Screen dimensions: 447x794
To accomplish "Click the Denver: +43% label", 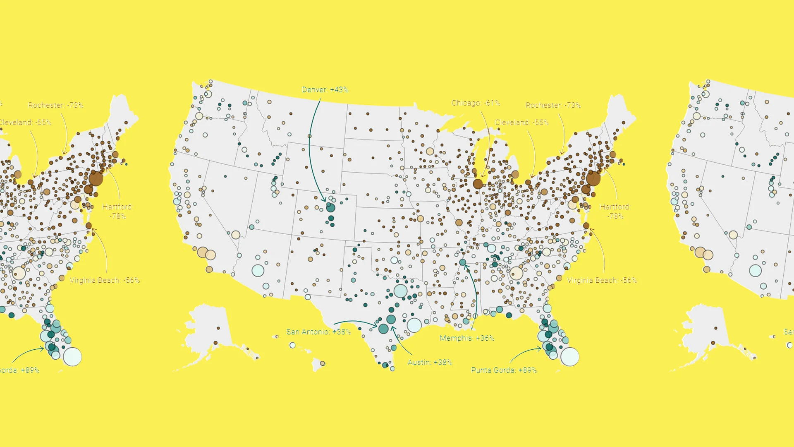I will (x=325, y=90).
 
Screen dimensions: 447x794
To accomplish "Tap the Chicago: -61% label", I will (x=476, y=103).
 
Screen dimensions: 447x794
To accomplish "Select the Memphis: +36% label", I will (x=467, y=338).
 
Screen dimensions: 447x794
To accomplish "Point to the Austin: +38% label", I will (x=430, y=363).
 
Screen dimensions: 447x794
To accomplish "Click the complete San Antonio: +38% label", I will (x=318, y=332).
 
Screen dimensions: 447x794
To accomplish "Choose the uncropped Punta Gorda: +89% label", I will (x=504, y=370).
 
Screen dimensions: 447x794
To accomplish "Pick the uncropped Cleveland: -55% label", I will (x=522, y=123).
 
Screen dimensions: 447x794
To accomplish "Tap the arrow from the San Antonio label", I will (x=356, y=322).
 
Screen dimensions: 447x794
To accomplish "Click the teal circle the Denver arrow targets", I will (x=330, y=207).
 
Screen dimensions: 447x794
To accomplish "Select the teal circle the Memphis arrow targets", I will (x=463, y=262).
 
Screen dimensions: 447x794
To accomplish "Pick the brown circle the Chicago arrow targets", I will (x=478, y=184).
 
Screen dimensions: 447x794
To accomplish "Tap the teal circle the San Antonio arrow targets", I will (x=383, y=329).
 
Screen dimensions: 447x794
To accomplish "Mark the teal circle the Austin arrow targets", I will (x=391, y=320).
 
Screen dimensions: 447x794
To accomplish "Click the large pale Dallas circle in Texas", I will (x=400, y=291).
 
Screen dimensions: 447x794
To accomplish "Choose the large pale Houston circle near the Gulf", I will (x=414, y=325).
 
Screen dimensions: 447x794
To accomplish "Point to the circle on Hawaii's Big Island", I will (x=323, y=363).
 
